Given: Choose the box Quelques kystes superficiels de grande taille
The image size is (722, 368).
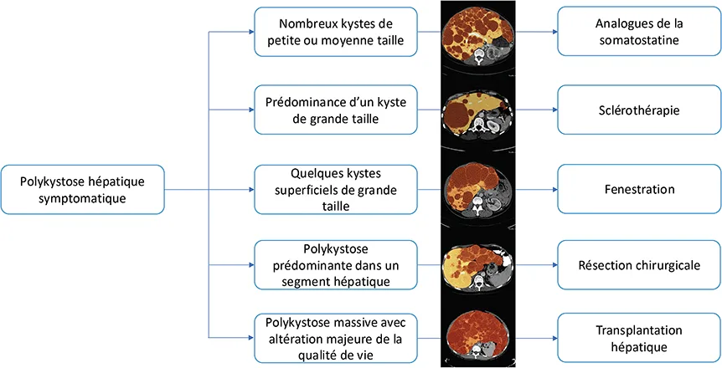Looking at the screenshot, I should point(335,189).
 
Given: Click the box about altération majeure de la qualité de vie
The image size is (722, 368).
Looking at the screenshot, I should point(335,338).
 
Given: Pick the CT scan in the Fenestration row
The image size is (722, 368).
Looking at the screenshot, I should point(477,187).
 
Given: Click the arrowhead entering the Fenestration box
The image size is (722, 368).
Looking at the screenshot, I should point(553,189).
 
